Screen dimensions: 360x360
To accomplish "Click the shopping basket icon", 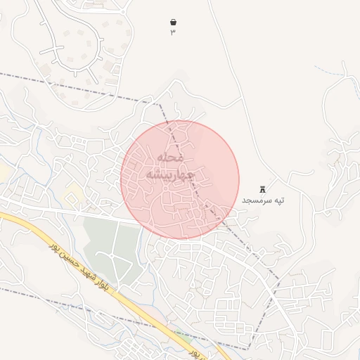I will point(173,22).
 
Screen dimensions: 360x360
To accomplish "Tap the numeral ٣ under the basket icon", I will point(173,32).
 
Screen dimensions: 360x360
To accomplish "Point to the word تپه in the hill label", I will point(279,201).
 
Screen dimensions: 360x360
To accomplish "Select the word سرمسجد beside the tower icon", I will point(256,201).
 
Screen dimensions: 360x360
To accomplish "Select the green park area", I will point(105,239).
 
